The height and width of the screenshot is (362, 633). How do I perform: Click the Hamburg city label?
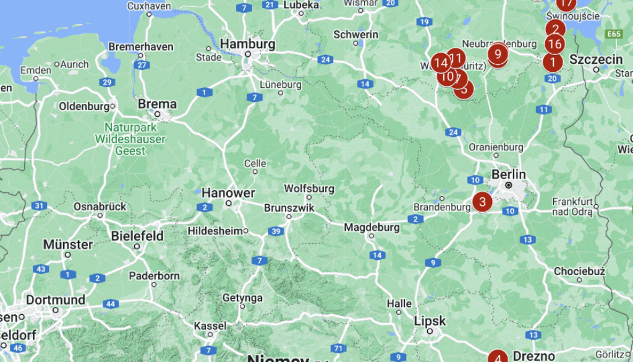coord(247,44)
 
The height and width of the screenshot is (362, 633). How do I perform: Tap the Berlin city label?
coord(508,175)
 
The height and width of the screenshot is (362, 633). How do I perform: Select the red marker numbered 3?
coord(482,202)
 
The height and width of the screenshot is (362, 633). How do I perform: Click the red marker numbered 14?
coord(441,62)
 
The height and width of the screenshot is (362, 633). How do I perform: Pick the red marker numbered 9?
coord(498,54)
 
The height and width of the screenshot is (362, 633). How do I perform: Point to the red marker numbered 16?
coord(554,44)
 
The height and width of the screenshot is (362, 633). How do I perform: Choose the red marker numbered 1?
coord(552,62)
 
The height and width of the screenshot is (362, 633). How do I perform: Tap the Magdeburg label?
coord(372,227)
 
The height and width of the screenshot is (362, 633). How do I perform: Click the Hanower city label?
coord(228,193)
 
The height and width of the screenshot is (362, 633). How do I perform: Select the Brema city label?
coord(157,104)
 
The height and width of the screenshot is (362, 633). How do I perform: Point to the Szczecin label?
coord(596,59)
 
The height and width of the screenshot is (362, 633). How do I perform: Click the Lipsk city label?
coord(430,321)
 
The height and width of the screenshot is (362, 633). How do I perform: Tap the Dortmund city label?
coord(56,300)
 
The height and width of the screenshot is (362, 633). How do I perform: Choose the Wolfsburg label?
coord(309,188)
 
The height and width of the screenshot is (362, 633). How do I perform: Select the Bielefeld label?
coord(137,236)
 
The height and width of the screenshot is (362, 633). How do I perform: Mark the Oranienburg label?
coord(496,147)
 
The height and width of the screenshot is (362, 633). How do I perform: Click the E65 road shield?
coord(614,33)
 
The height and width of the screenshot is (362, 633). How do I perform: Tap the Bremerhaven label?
coord(141,46)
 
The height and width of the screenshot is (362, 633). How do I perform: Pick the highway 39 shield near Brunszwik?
coord(276,231)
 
